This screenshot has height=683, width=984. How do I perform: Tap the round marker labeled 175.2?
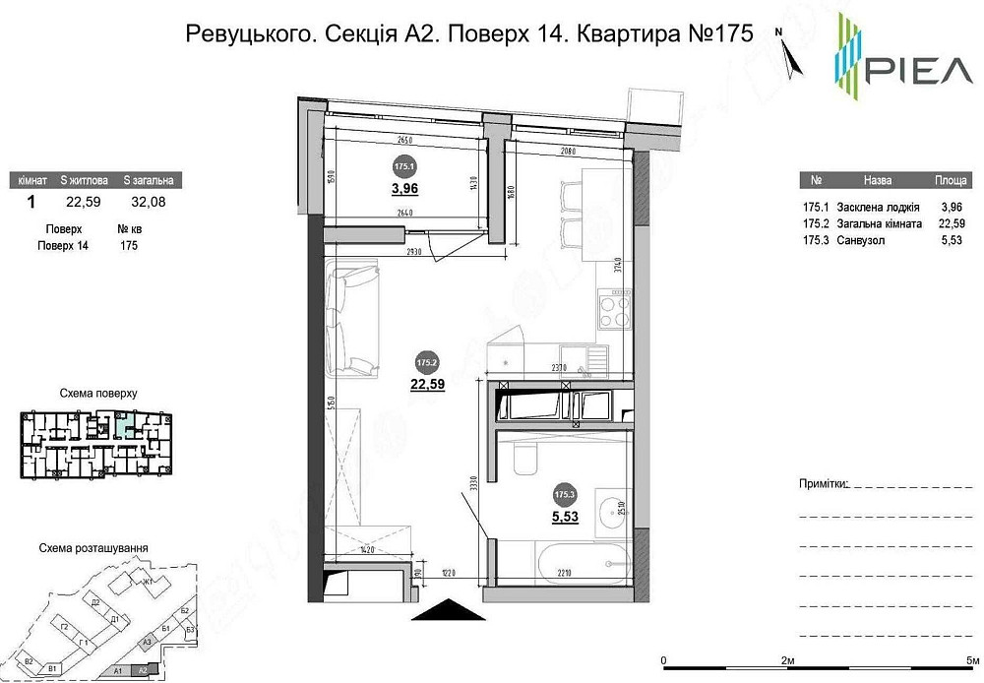point(427,360)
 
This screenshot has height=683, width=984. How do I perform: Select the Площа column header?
point(951,182)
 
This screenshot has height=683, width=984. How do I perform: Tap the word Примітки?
point(822,485)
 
